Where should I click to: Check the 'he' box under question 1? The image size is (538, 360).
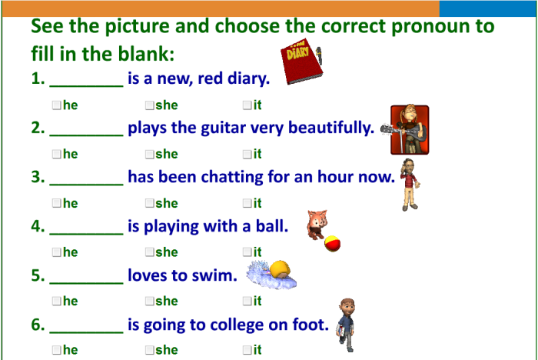tap(57, 105)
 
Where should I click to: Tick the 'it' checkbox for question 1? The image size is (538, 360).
tap(247, 105)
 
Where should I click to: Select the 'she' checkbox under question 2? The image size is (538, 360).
tap(149, 154)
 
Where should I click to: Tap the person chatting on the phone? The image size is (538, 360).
tap(410, 185)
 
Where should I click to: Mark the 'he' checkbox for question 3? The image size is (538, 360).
tap(57, 203)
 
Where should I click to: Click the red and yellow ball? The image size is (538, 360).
tap(333, 243)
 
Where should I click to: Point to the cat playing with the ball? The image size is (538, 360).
tap(316, 224)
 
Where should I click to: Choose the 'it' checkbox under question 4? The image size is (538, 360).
tap(247, 252)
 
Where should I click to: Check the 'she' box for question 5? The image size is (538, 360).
tap(149, 301)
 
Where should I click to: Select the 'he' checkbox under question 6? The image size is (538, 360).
tap(57, 350)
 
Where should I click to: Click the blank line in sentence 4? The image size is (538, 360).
tap(86, 228)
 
